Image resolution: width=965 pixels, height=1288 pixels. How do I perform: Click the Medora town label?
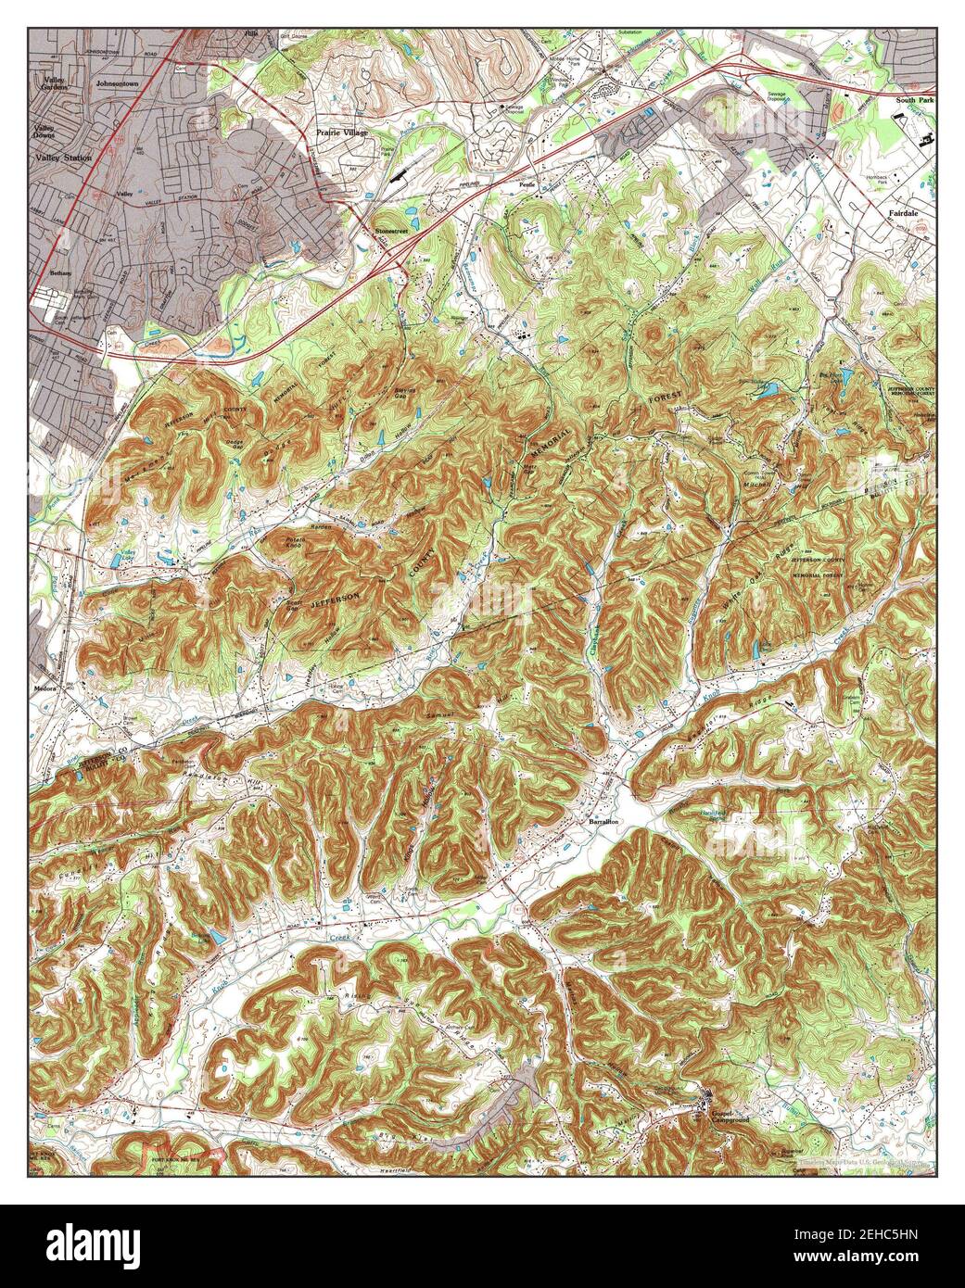45,688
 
